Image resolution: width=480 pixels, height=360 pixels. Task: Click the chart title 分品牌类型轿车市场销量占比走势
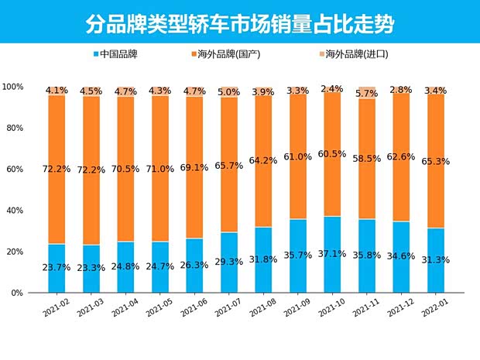click(x=239, y=22)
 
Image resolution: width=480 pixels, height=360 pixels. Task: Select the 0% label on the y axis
click(x=16, y=293)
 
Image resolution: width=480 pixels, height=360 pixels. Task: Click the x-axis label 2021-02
click(x=57, y=308)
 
